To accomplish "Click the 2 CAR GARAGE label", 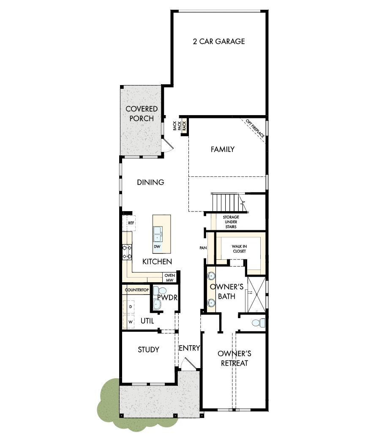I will [218, 41].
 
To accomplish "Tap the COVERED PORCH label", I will [142, 114].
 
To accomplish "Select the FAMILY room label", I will [222, 149].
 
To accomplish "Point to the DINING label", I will [150, 182].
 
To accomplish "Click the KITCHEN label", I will [157, 262].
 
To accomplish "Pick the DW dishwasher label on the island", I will [157, 246].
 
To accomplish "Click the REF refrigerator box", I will [129, 223].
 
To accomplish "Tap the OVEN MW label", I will [169, 278].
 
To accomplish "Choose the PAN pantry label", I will [203, 248].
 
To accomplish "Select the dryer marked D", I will [131, 306].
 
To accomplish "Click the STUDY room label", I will [148, 349].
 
